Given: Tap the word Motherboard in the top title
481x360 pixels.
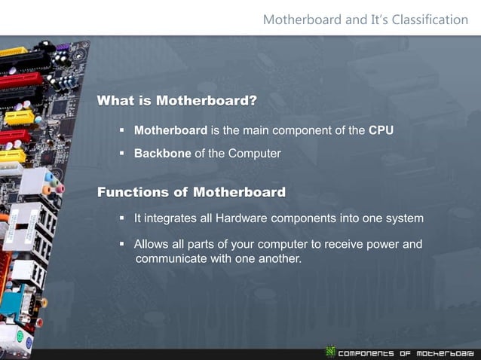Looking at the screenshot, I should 300,20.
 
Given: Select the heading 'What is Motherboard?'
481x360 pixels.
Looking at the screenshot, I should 176,101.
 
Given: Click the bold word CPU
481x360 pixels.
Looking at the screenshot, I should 381,131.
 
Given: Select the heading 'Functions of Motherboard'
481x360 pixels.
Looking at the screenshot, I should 191,192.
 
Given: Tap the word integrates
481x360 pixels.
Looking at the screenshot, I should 171,218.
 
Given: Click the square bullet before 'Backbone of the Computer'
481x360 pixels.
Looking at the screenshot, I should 121,154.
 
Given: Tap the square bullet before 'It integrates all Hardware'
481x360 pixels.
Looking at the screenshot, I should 121,218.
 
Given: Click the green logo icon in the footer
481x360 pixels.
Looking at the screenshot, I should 329,351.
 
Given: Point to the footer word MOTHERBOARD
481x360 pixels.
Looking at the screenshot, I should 446,352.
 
